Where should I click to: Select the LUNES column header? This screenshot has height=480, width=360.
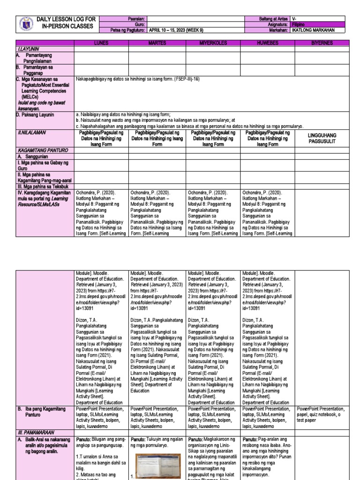pos(101,43)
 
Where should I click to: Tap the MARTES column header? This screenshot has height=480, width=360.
pos(157,43)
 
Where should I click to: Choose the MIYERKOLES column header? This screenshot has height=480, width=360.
pos(213,43)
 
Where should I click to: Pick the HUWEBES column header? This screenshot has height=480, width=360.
pos(268,43)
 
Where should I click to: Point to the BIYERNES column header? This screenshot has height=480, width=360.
pos(322,43)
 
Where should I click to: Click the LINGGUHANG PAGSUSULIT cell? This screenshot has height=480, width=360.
pos(322,138)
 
